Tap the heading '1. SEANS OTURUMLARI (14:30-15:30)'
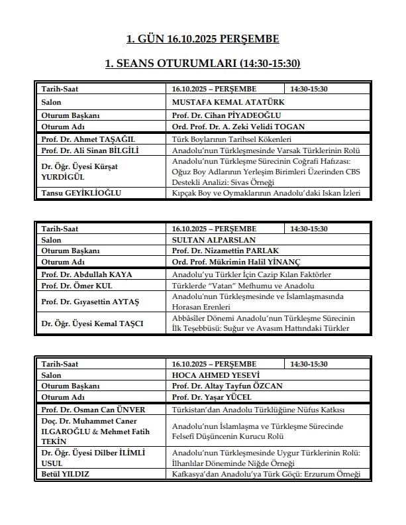(x=203, y=64)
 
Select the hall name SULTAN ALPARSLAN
(x=213, y=240)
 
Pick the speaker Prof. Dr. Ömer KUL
(x=69, y=286)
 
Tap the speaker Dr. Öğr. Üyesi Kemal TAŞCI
(x=92, y=323)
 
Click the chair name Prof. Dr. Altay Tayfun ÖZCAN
(x=226, y=386)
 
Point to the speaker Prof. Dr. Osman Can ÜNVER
(x=93, y=410)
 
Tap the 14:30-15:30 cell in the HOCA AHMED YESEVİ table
(x=309, y=365)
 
